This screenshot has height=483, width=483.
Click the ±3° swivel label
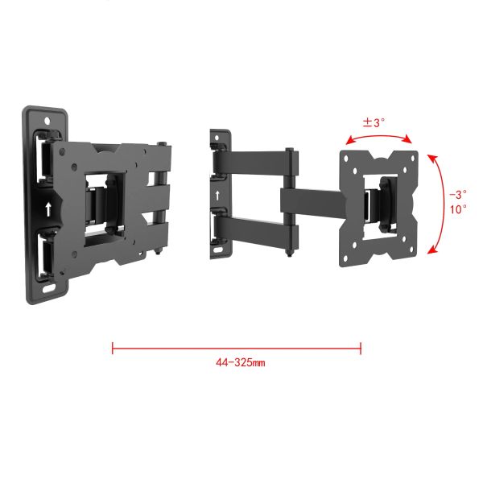pos(374,122)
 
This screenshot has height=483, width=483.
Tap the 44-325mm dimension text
pos(240,362)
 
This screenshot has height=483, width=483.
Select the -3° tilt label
pos(458,194)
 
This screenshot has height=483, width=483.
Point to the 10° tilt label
pos(458,209)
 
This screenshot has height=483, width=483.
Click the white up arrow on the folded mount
pos(48,209)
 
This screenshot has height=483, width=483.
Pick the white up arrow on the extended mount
pos(217,196)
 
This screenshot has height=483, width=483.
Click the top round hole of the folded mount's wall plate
pos(47,121)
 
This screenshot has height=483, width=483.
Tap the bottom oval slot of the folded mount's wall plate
pos(48,289)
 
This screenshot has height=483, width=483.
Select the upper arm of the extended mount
pos(256,162)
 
